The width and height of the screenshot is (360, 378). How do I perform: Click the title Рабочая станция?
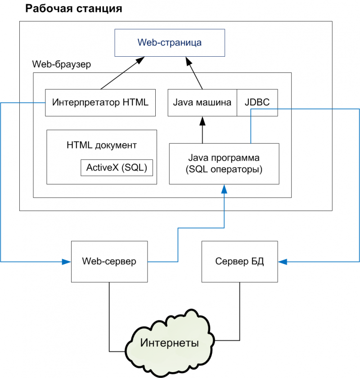(x=73, y=9)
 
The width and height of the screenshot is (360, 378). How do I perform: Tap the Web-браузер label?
(x=62, y=64)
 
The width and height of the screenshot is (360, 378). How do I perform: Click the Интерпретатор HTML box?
(x=100, y=102)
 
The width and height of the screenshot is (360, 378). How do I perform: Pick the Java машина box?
(x=202, y=102)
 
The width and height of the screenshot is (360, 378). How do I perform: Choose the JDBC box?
(x=257, y=102)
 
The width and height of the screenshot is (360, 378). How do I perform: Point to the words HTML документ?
(x=102, y=145)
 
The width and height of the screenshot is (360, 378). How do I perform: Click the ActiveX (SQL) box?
(x=117, y=168)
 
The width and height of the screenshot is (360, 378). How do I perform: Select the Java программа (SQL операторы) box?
(x=224, y=164)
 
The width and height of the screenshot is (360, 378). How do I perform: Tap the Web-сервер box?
(x=109, y=261)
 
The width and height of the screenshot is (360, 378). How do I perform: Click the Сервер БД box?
(x=239, y=261)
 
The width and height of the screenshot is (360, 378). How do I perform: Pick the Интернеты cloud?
(x=170, y=343)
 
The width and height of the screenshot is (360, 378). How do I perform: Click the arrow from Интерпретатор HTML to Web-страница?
(x=121, y=73)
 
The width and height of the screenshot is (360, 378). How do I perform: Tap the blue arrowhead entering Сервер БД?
(x=282, y=261)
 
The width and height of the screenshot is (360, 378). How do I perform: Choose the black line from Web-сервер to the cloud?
(x=109, y=315)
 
